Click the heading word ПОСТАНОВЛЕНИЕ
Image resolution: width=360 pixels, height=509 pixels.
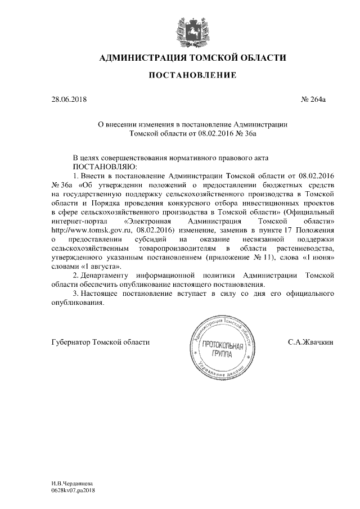click(x=180, y=75)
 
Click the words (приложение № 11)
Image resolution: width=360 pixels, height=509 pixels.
click(x=249, y=256)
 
